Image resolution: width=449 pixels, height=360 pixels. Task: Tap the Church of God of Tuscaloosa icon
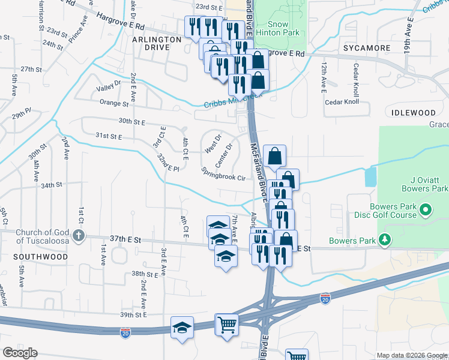point(78,236)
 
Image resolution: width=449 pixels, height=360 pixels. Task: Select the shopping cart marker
point(228,325)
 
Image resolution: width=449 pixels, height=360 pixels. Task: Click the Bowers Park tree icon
point(385,241)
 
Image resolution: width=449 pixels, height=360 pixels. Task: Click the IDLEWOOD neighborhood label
point(413,113)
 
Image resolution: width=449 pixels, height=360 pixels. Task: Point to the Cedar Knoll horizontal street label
point(342,101)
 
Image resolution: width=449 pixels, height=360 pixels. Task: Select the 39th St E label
point(133,314)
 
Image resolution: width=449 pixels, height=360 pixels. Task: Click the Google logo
point(20,353)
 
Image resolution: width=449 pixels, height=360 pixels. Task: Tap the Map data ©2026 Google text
point(411,355)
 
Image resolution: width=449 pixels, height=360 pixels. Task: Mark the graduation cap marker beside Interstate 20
point(182,328)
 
